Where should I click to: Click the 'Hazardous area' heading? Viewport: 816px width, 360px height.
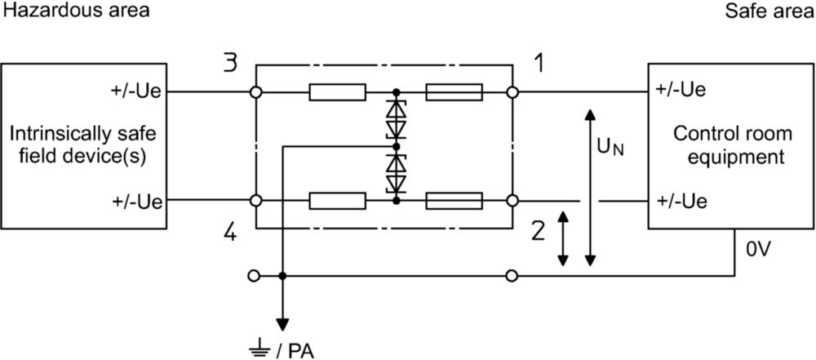77,11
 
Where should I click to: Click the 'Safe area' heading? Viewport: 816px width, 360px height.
769,11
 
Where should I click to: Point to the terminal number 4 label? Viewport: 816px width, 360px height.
230,233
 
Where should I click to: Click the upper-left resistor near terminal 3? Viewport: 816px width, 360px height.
338,92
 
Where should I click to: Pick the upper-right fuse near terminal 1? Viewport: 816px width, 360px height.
455,92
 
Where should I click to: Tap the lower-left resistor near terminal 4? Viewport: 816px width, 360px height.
338,200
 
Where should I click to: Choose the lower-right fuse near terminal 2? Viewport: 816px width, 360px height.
455,200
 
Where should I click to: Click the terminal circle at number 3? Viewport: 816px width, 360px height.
255,92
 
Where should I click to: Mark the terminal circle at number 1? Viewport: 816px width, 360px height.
512,92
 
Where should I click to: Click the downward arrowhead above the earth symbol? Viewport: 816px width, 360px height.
282,324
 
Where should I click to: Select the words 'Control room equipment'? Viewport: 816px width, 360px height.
732,145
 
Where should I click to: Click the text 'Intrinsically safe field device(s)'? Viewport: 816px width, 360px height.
83,145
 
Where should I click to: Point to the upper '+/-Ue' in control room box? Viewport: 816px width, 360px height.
681,90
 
